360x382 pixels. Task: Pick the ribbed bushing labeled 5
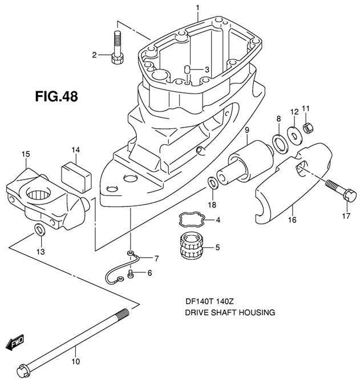(131, 274)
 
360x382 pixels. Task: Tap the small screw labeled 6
(156, 258)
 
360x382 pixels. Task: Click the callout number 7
(280, 142)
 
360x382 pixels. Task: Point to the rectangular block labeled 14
(26, 154)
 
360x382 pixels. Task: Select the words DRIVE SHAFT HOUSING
(230, 312)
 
